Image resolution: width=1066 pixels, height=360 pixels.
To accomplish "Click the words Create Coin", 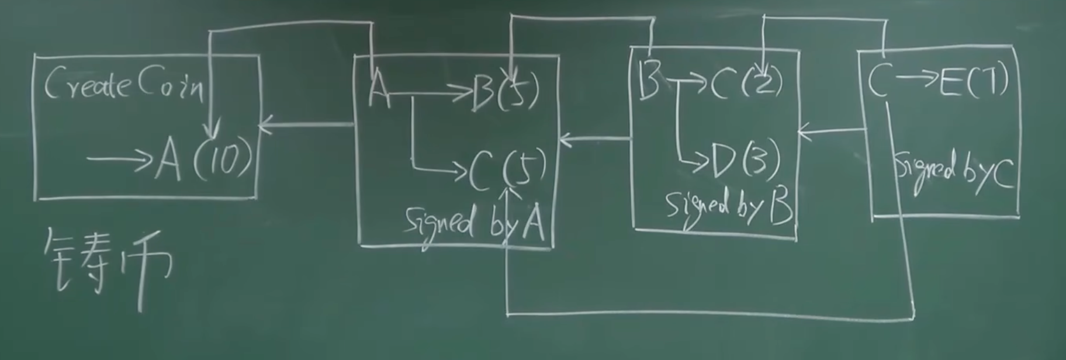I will coord(124,86).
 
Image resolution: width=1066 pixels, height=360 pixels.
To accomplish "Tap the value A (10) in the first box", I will coord(205,160).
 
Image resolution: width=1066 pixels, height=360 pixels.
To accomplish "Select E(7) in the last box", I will coord(973,82).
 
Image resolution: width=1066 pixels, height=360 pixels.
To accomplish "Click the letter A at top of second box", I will coord(379,93).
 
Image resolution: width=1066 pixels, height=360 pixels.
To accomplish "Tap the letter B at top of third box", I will coord(648,80).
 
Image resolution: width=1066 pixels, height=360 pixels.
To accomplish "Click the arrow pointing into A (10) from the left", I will coord(120,158).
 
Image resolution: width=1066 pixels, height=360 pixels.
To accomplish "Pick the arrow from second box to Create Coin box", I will coord(307,124).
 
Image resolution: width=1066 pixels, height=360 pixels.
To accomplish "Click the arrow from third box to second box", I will coord(596,139).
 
